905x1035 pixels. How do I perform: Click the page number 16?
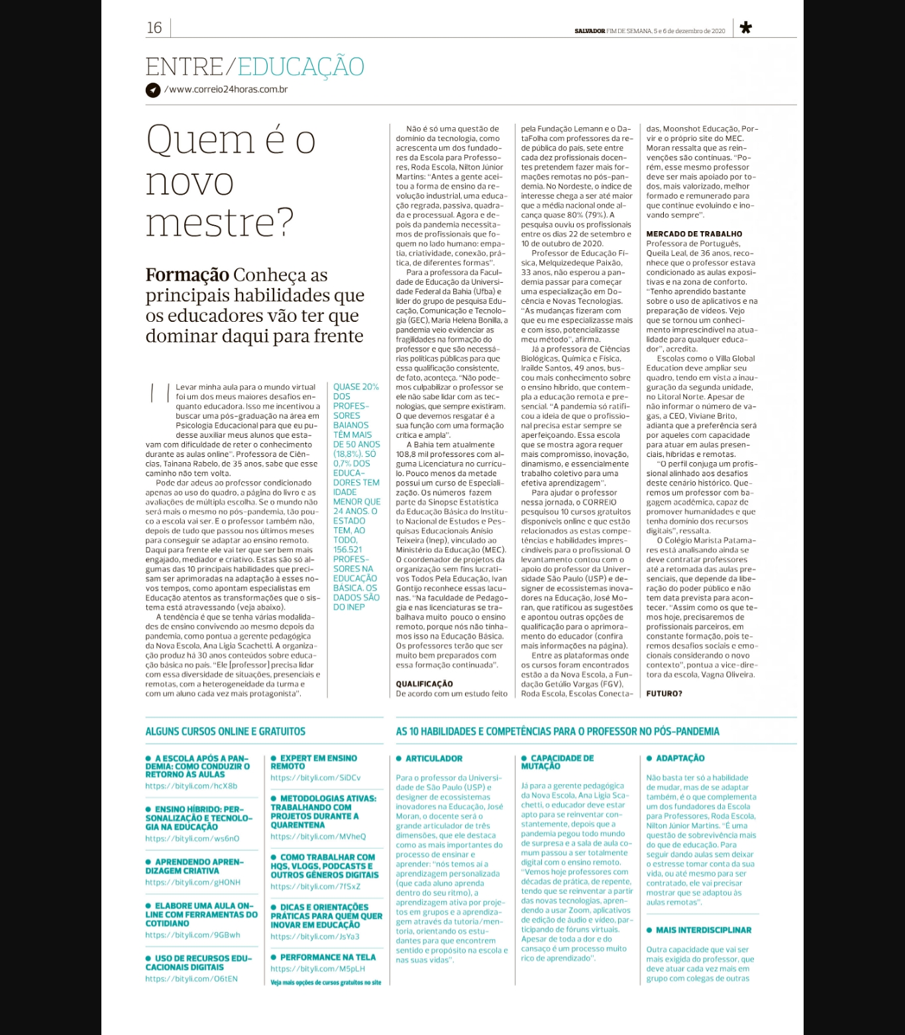154,28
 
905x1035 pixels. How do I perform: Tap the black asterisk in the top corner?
745,28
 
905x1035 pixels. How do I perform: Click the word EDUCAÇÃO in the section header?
301,67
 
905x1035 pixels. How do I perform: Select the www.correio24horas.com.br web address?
226,89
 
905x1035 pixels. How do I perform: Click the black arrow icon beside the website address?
153,90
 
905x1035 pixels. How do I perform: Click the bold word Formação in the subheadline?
187,275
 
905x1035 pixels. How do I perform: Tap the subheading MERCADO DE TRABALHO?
694,234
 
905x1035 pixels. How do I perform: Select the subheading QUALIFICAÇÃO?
425,684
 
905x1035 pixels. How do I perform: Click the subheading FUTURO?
664,694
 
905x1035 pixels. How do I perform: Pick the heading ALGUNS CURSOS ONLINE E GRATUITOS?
225,732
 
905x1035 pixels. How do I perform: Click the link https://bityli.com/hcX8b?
191,786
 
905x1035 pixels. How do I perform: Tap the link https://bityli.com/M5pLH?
318,969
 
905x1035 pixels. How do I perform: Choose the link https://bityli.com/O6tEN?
191,979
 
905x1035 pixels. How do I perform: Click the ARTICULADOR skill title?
434,759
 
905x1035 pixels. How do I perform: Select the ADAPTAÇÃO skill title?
680,758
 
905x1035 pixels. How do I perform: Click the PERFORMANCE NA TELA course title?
327,958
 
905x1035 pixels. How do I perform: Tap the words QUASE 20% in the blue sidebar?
356,387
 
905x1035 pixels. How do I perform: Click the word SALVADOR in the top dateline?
590,31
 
